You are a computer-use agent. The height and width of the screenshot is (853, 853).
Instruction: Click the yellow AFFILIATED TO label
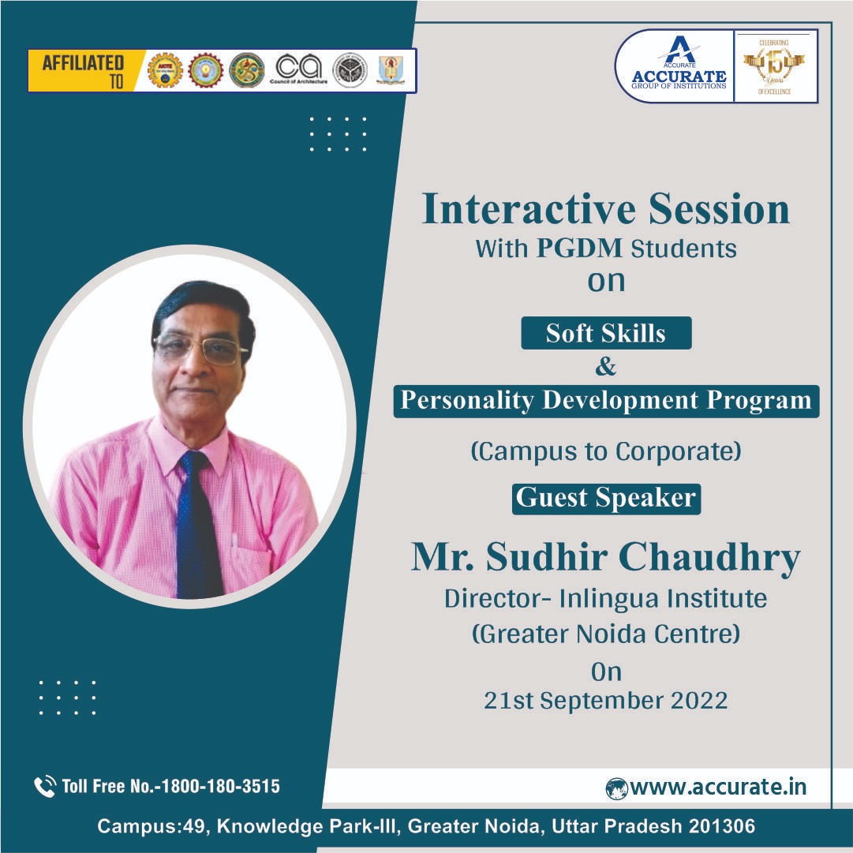click(83, 70)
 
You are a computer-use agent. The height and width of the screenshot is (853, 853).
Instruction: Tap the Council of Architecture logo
click(300, 70)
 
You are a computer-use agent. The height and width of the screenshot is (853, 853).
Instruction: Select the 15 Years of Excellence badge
click(775, 66)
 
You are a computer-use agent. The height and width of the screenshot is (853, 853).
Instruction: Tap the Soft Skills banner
click(605, 333)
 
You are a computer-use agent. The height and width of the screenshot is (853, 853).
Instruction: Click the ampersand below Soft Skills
click(605, 366)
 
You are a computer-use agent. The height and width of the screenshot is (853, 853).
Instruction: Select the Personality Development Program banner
click(605, 400)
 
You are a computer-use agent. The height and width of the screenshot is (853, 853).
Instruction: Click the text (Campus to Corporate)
click(605, 451)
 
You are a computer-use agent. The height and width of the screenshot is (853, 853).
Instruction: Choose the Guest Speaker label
click(605, 498)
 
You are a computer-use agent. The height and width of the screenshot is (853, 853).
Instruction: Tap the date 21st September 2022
click(605, 701)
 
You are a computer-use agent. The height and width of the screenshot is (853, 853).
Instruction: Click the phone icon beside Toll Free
click(44, 786)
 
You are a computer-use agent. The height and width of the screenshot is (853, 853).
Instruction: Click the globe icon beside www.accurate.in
click(616, 788)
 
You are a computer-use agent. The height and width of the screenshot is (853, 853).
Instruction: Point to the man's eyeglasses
click(200, 348)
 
